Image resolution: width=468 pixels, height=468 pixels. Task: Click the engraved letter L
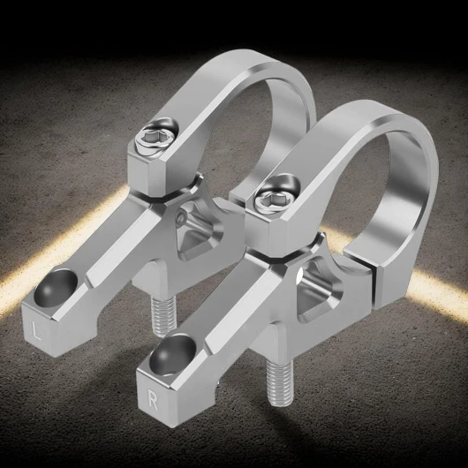tap(36, 331)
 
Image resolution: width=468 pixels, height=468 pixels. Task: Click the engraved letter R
tap(153, 401)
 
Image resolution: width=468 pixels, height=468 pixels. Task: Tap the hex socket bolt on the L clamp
tap(155, 138)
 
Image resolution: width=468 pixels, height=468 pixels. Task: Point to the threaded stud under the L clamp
tap(162, 316)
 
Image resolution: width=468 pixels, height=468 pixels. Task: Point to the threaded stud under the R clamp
tap(279, 384)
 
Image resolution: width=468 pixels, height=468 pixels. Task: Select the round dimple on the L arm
tap(56, 288)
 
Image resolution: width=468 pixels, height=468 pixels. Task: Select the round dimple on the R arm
tap(172, 355)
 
